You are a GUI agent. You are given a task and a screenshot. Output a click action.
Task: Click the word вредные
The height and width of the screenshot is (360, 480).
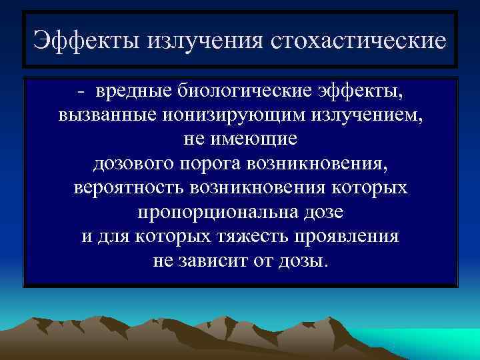pyautogui.click(x=126, y=90)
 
